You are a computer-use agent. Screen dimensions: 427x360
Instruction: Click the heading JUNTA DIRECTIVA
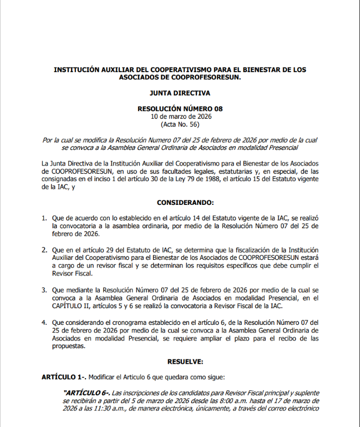pyautogui.click(x=180, y=93)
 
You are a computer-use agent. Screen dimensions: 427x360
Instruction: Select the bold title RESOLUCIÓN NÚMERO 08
pyautogui.click(x=180, y=109)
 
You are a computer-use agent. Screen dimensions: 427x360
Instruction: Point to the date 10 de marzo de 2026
pyautogui.click(x=180, y=117)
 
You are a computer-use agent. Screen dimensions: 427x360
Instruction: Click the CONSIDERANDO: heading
pyautogui.click(x=180, y=203)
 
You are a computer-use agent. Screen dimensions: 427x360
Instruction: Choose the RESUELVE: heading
pyautogui.click(x=180, y=361)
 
